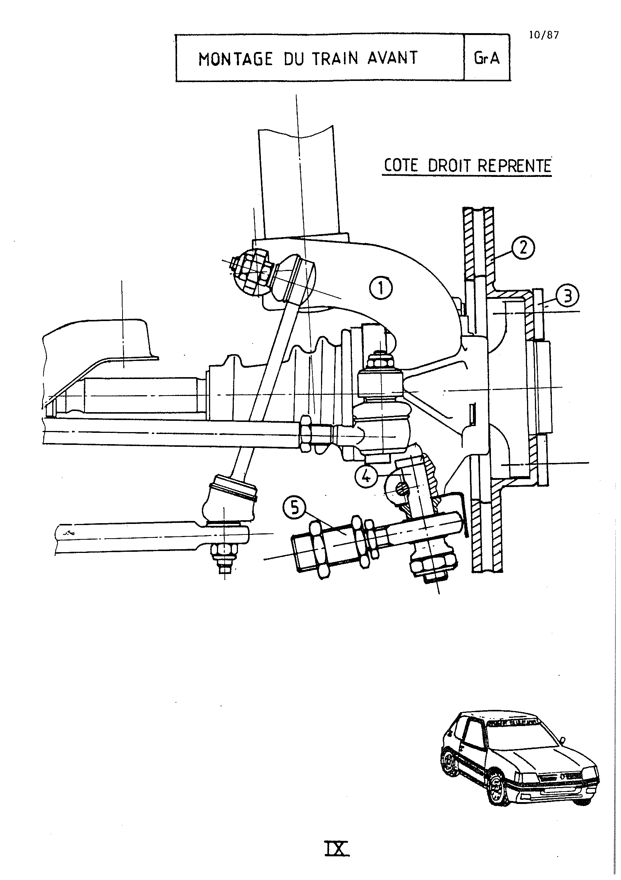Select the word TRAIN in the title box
335,58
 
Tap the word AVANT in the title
392,58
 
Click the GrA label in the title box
487,58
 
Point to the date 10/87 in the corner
544,35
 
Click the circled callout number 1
381,288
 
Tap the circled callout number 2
523,248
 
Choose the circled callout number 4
367,476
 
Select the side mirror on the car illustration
562,738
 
